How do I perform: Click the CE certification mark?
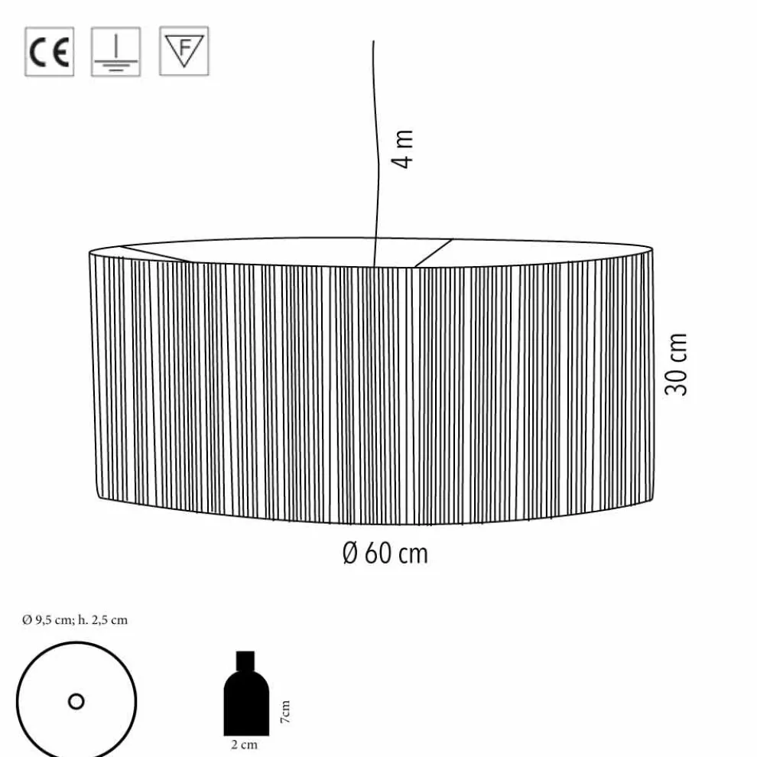49,52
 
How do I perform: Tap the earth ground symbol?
115,52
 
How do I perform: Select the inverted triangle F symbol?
184,51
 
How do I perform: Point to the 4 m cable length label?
404,148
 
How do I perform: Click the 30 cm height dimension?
677,364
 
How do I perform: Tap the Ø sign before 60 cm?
349,553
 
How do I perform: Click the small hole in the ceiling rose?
76,701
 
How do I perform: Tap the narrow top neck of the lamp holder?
245,659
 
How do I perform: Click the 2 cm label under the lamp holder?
245,745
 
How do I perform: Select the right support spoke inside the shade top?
434,252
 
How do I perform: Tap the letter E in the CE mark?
60,52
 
